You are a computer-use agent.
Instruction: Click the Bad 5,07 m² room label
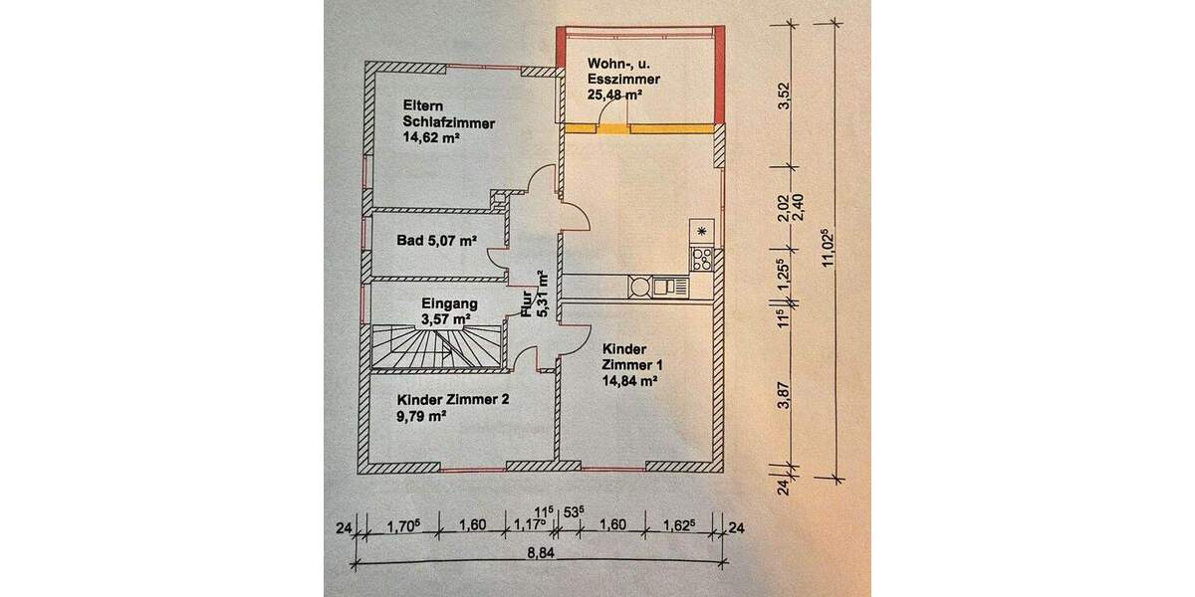[x=435, y=241]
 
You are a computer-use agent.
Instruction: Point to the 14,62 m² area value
[x=430, y=140]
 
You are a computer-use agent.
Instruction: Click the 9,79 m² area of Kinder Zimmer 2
[x=421, y=418]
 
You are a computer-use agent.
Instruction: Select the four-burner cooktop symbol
[x=702, y=260]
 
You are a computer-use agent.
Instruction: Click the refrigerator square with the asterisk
[x=702, y=232]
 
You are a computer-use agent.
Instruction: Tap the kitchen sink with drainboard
[x=668, y=287]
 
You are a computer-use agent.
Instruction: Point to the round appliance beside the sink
[x=639, y=287]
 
